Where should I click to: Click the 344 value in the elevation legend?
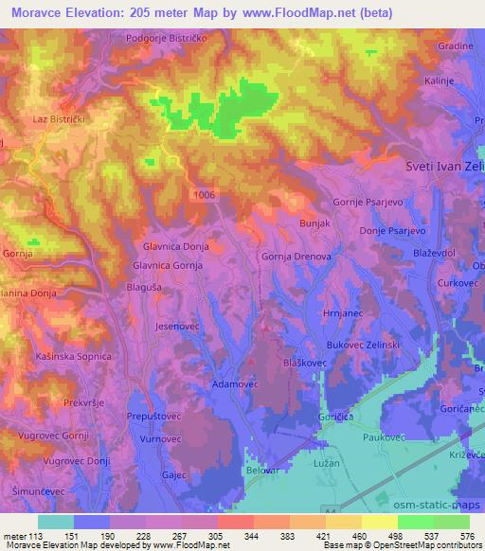(x=254, y=537)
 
